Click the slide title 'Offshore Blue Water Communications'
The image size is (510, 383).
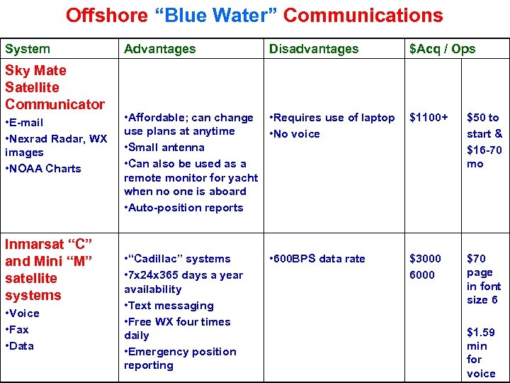(254, 16)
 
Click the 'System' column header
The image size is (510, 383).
(28, 49)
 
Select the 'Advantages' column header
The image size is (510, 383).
(159, 49)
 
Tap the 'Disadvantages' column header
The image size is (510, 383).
(313, 49)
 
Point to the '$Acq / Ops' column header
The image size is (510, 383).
(442, 49)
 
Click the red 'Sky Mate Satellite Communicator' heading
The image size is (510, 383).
(55, 87)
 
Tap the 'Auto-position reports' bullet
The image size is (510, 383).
(183, 208)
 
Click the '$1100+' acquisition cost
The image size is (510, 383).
(429, 118)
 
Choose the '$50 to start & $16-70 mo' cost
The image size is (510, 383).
(484, 140)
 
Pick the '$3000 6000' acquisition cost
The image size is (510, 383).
(425, 267)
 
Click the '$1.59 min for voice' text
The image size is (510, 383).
(481, 353)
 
